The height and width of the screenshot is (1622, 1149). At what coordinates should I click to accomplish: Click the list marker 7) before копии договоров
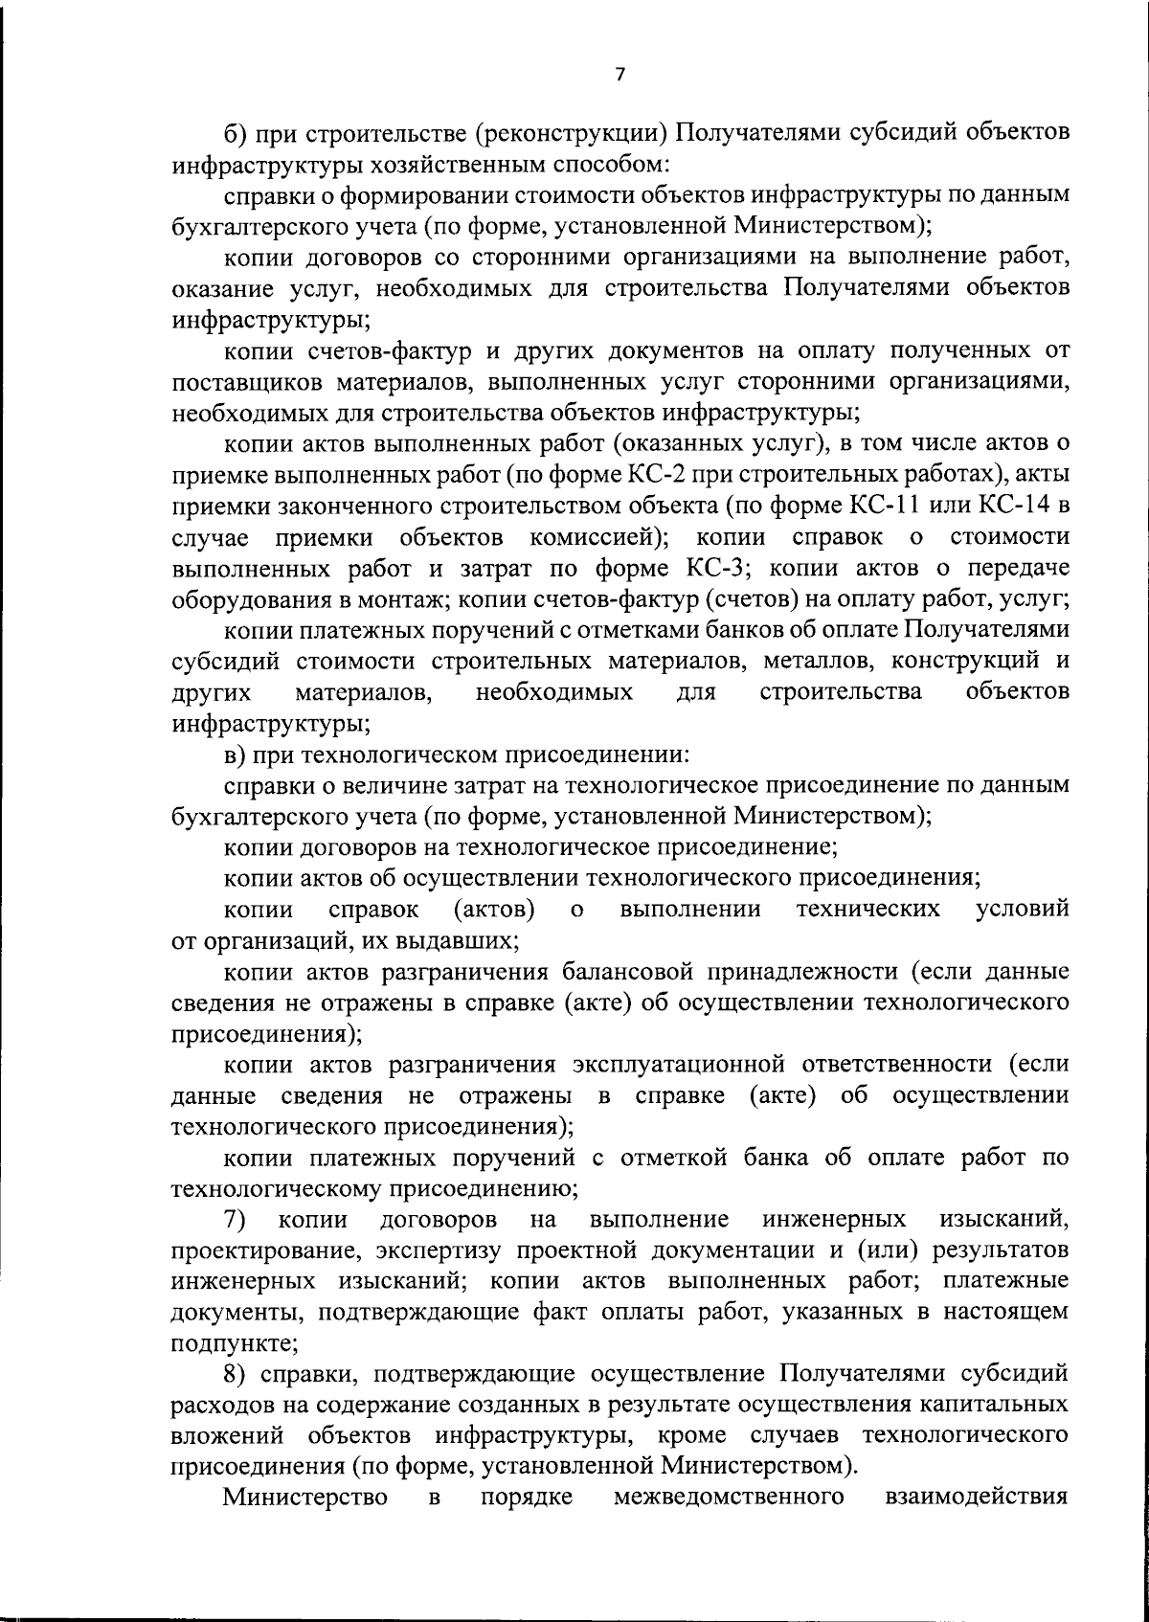point(235,1221)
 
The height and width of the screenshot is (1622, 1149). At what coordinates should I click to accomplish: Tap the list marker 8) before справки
point(236,1376)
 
